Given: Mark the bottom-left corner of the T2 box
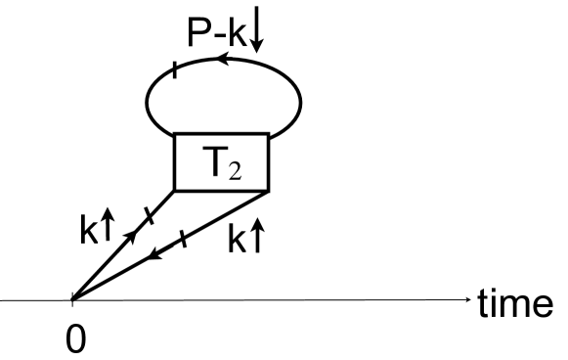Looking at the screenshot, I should pyautogui.click(x=174, y=191).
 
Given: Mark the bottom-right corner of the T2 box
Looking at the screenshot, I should pyautogui.click(x=268, y=191).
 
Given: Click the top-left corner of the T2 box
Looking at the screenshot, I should pyautogui.click(x=174, y=133).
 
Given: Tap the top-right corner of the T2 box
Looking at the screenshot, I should pyautogui.click(x=268, y=133).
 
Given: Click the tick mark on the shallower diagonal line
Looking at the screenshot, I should pyautogui.click(x=183, y=240).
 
